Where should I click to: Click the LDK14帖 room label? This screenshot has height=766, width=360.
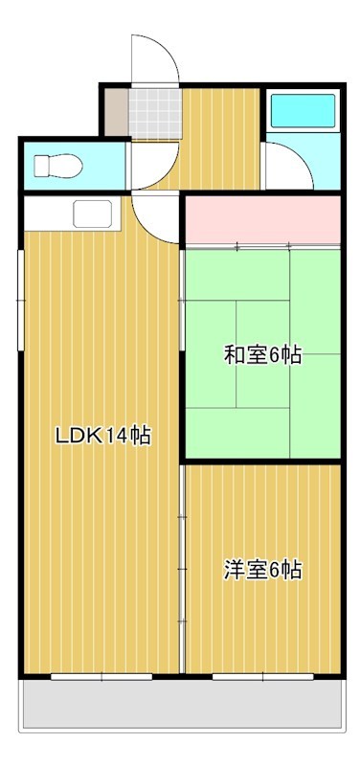(101, 436)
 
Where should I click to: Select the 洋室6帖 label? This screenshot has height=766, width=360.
(262, 571)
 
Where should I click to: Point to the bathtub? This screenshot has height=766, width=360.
(302, 113)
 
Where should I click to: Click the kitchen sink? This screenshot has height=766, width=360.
(93, 213)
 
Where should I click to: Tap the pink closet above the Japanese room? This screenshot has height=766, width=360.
(262, 219)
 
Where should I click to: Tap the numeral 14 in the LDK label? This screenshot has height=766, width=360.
(116, 436)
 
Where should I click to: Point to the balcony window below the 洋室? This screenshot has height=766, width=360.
(262, 676)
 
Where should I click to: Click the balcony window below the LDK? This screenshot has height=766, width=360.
(101, 676)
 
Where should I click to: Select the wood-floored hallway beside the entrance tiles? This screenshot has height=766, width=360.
(220, 139)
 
